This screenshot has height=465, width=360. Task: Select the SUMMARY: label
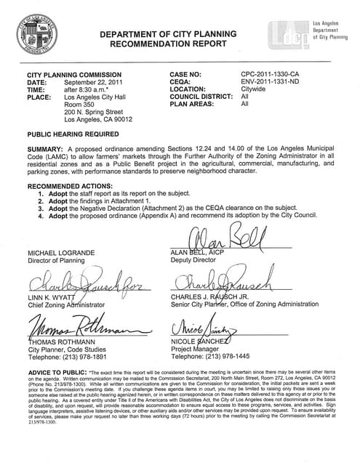(46, 150)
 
